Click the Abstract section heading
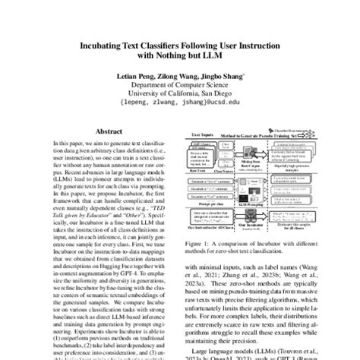point(103,131)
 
